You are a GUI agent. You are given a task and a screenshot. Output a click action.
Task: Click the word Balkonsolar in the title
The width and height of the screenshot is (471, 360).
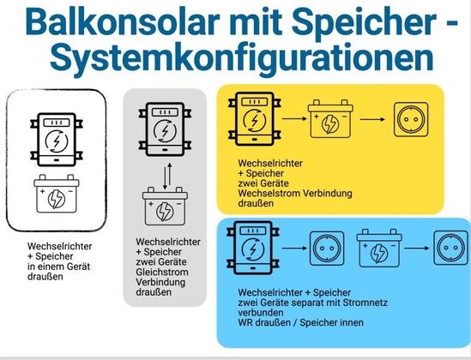point(121,22)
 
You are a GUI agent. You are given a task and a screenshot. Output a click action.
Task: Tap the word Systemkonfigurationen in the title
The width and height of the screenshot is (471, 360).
point(242,57)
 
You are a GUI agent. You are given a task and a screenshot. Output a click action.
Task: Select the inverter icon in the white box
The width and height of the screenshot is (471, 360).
point(57,140)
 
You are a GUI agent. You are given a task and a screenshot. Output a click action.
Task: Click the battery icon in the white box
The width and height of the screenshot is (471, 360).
point(57,194)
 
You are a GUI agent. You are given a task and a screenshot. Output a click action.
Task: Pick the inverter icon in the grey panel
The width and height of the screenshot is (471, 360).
point(165,129)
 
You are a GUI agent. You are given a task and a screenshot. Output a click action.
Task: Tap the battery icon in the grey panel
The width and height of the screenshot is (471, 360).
point(165,207)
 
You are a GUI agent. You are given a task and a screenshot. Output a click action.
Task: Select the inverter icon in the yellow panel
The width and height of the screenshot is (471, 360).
point(255,119)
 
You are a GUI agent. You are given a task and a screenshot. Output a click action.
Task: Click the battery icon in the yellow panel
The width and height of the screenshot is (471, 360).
point(330,119)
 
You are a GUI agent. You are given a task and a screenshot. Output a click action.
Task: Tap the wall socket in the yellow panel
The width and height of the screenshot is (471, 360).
point(411,119)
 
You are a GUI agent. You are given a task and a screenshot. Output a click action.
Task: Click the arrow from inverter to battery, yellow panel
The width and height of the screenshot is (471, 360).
point(294,119)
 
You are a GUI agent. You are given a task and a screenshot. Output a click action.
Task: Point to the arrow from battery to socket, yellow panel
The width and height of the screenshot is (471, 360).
point(372,119)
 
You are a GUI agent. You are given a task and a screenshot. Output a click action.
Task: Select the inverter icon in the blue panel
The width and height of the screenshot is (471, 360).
point(253,248)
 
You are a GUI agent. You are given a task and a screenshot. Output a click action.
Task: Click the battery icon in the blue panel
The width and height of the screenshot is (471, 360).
point(379,248)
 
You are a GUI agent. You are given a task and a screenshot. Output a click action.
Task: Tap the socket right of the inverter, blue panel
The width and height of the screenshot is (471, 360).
point(327,249)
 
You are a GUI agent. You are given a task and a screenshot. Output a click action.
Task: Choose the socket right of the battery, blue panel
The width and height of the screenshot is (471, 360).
point(451,248)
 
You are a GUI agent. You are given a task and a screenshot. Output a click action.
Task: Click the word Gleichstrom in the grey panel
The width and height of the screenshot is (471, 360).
point(162,272)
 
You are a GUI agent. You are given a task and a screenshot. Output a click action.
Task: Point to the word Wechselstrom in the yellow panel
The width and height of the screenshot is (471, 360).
point(269,193)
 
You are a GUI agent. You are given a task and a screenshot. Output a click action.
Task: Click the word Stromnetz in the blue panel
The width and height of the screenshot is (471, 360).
point(365,303)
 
